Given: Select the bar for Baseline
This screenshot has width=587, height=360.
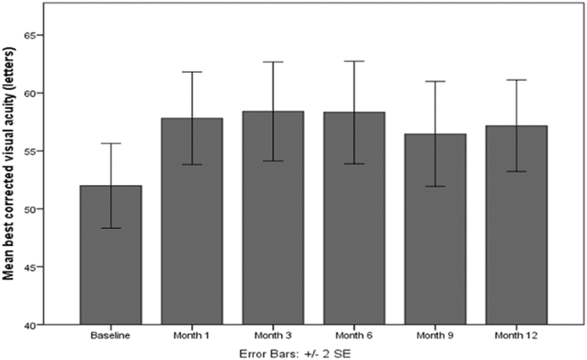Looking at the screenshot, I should tap(111, 257).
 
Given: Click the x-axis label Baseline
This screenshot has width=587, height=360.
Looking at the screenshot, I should tap(111, 335).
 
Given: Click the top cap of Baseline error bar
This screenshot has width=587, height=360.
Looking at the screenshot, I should tap(111, 143).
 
